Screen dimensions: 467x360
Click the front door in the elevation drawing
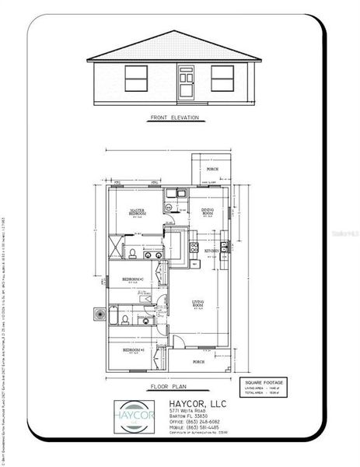coord(186,83)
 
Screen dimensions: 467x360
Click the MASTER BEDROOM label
coord(137,212)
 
